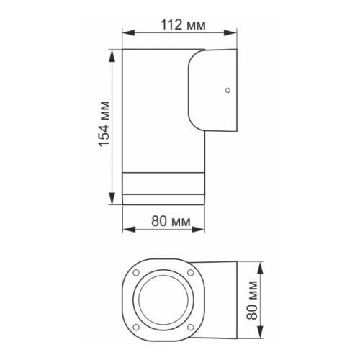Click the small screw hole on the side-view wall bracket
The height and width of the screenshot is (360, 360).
228,91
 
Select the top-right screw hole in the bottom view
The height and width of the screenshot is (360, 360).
190,273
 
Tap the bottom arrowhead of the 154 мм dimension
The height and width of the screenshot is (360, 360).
112,203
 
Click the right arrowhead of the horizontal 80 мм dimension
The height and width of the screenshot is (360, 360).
204,231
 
